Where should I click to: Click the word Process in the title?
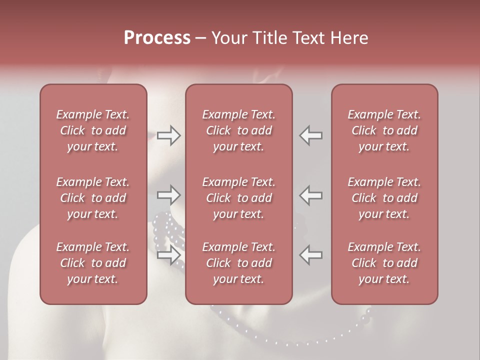[x=157, y=38]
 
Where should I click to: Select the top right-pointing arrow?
[x=168, y=135]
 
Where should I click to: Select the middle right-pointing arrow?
[x=168, y=194]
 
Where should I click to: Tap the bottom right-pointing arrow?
[x=168, y=255]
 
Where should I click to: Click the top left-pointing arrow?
[x=310, y=135]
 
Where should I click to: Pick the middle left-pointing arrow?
[x=310, y=194]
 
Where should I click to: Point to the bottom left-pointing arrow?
[x=310, y=255]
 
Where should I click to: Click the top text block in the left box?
[x=93, y=130]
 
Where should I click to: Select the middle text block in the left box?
[x=93, y=198]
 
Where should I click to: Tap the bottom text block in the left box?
[x=93, y=263]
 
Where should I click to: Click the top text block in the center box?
[x=238, y=130]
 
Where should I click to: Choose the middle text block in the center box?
[x=238, y=198]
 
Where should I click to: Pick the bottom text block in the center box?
[x=238, y=263]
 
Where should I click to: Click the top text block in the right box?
[x=384, y=130]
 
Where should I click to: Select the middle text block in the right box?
[x=384, y=198]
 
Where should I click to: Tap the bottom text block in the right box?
[x=384, y=263]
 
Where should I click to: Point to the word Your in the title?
[x=228, y=38]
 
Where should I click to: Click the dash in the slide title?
[x=200, y=38]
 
